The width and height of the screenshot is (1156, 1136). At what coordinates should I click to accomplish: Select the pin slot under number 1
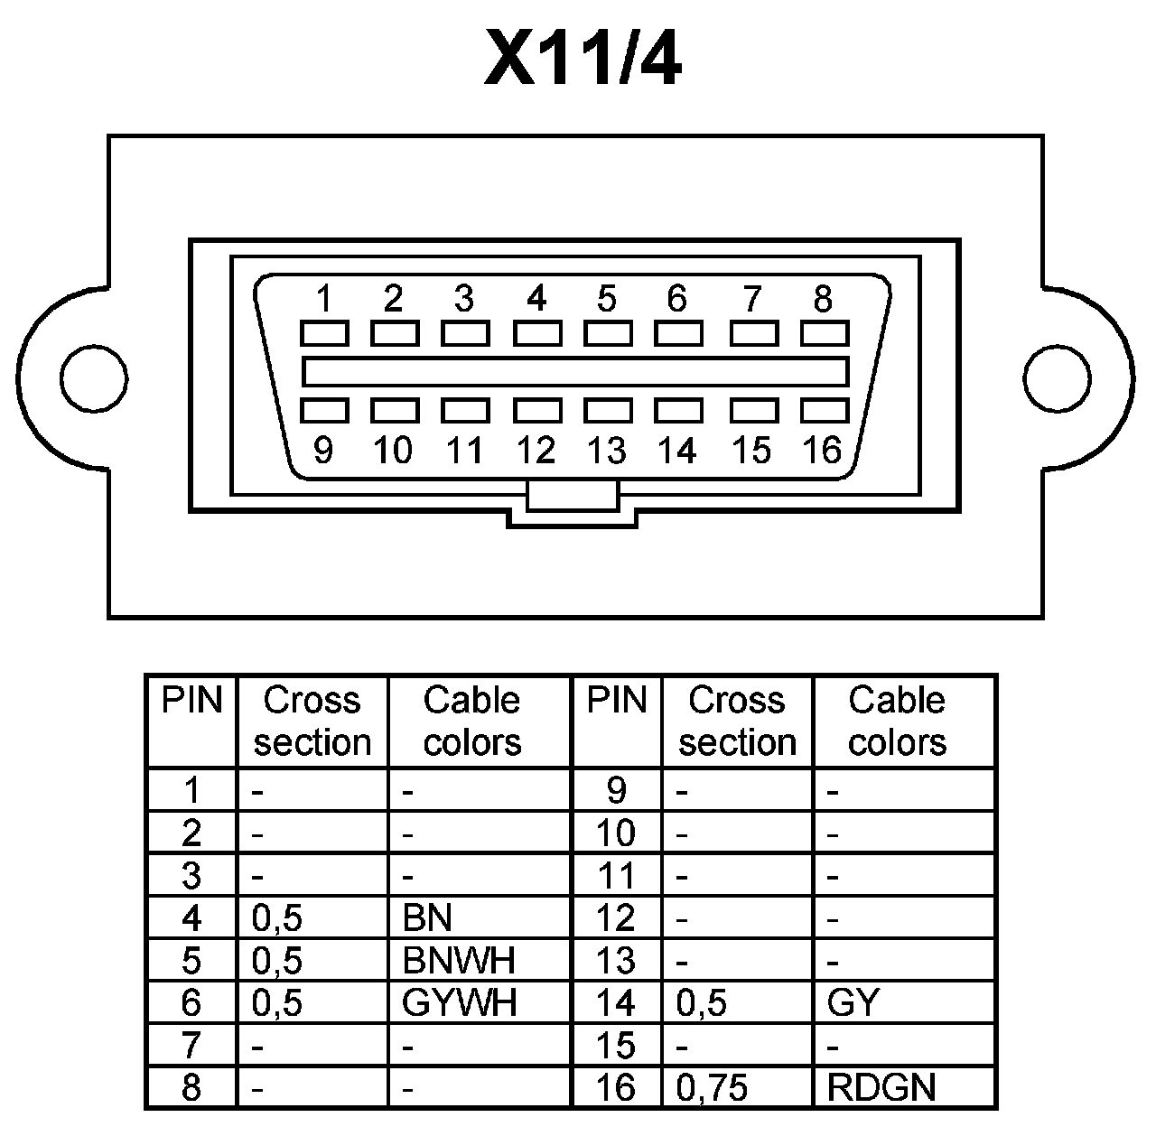(324, 334)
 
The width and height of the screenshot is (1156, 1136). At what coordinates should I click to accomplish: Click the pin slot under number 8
(825, 334)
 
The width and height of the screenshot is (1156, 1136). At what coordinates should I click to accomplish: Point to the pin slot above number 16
(825, 411)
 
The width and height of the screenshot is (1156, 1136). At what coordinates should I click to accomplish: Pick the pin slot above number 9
(324, 411)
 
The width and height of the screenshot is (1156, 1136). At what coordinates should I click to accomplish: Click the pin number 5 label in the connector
(606, 297)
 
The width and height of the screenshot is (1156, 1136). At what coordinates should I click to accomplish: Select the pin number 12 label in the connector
(536, 450)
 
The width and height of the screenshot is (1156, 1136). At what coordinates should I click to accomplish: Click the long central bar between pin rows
(575, 372)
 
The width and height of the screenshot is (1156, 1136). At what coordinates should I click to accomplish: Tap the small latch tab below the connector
(573, 496)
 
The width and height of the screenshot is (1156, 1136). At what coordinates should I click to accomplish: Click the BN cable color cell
(427, 918)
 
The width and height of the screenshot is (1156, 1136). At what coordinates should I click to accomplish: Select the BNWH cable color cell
(459, 960)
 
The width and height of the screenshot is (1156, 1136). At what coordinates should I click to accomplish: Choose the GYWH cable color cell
(459, 1002)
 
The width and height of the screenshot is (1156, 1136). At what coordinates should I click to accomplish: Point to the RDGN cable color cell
(881, 1087)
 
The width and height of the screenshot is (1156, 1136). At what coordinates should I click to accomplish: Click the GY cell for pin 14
(853, 1002)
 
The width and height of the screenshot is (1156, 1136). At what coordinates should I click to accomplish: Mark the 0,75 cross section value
(712, 1087)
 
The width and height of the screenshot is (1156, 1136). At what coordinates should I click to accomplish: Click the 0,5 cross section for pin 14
(701, 1002)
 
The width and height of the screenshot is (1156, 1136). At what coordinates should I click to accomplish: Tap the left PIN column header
(191, 701)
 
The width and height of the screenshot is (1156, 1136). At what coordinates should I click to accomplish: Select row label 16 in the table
(616, 1087)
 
